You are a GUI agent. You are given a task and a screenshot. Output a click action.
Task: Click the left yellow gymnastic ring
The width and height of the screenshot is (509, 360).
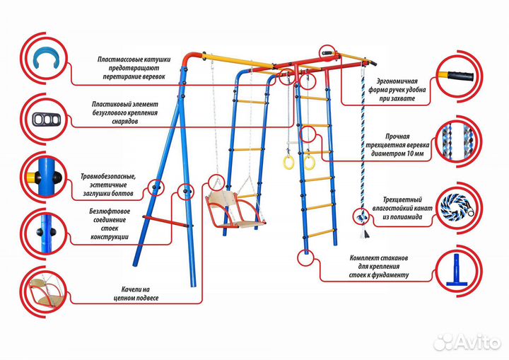[288, 163]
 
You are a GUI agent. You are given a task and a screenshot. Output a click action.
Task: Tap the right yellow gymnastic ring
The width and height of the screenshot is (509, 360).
[309, 162]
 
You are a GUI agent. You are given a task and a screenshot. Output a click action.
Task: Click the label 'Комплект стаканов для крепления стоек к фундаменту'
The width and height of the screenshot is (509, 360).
[378, 266]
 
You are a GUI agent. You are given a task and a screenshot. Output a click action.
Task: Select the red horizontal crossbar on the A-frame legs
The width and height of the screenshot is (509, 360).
[167, 221]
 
